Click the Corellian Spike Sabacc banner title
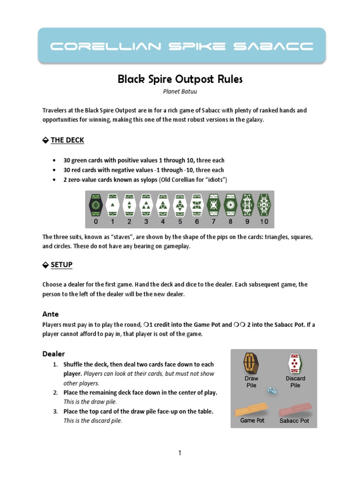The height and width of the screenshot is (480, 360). point(181,46)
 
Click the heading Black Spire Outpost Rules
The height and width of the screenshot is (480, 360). point(180,79)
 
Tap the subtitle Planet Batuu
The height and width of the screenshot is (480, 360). point(180,92)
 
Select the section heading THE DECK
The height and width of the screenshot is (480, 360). point(67,140)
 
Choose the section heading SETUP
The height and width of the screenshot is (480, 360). point(61,265)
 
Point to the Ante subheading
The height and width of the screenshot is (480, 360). point(51,314)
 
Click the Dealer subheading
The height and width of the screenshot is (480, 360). point(54,353)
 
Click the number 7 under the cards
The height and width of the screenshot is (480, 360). point(213,222)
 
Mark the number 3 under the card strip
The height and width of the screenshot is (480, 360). point(146,222)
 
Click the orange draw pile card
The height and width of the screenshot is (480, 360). point(251,364)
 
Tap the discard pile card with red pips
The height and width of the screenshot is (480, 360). point(295,364)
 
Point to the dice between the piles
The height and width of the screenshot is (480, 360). point(272,390)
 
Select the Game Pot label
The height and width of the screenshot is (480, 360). point(252,420)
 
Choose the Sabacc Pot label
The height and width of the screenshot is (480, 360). point(294,421)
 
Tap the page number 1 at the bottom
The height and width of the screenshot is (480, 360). point(180,453)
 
